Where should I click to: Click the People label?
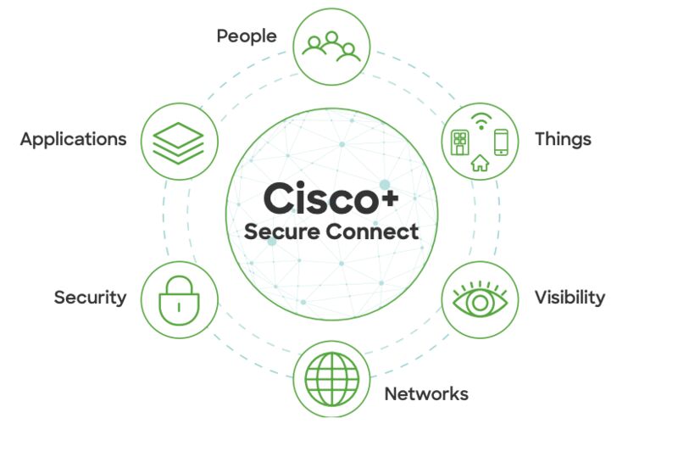pyautogui.click(x=247, y=36)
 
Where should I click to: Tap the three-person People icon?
pyautogui.click(x=331, y=47)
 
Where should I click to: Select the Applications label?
pyautogui.click(x=74, y=140)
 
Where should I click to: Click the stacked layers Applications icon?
pyautogui.click(x=178, y=142)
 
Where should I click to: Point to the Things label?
pyautogui.click(x=563, y=139)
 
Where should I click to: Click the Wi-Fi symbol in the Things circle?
pyautogui.click(x=481, y=121)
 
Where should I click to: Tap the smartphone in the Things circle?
pyautogui.click(x=501, y=142)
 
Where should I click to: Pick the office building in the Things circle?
pyautogui.click(x=459, y=142)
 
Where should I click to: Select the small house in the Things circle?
pyautogui.click(x=480, y=163)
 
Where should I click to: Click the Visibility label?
pyautogui.click(x=570, y=298)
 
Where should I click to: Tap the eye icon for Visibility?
pyautogui.click(x=480, y=299)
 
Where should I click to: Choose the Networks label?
pyautogui.click(x=426, y=394)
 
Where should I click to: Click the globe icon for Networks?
pyautogui.click(x=331, y=379)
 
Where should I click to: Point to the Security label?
pyautogui.click(x=91, y=298)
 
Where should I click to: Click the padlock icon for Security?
pyautogui.click(x=179, y=300)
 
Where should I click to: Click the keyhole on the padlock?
pyautogui.click(x=179, y=307)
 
